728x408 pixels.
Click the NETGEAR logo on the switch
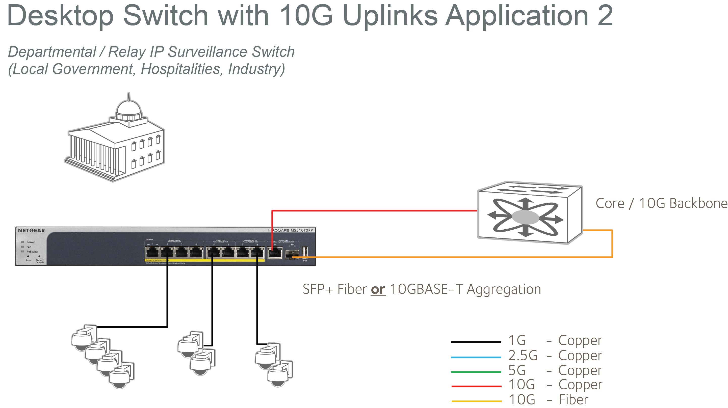coord(31,231)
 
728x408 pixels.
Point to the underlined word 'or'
coord(378,289)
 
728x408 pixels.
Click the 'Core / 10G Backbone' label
coord(661,203)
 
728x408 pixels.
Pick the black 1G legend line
coord(476,342)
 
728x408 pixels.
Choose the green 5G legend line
coord(476,372)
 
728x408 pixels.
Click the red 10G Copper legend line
coord(476,386)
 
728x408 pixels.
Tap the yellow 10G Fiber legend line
coord(477,401)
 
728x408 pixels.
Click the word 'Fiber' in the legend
coord(574,399)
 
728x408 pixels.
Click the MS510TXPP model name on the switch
coord(302,230)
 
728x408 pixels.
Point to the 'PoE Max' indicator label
coord(32,252)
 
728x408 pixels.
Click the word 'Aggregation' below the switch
coord(503,289)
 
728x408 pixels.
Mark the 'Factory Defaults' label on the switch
coord(40,261)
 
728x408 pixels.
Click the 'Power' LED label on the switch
coord(31,242)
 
